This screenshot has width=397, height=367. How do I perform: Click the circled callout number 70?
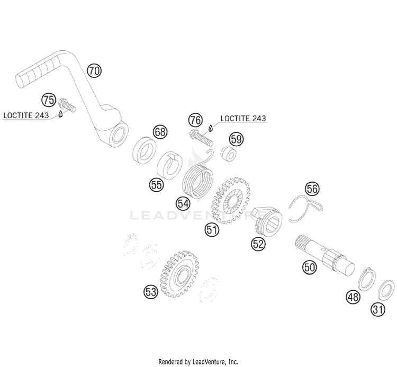(94, 70)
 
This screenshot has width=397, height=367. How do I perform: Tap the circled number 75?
(49, 100)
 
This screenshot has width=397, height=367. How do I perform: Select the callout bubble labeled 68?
(160, 132)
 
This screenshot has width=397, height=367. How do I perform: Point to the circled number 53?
(151, 291)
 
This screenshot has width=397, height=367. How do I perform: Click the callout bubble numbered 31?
(378, 309)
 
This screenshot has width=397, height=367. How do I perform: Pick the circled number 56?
(312, 189)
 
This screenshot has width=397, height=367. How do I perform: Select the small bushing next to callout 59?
(229, 153)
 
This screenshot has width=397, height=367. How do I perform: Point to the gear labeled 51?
(230, 200)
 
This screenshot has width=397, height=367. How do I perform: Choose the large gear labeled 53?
(179, 274)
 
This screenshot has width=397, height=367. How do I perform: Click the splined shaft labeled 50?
(325, 255)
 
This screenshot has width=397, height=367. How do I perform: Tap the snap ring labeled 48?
(367, 279)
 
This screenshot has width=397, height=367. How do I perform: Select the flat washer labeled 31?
(386, 290)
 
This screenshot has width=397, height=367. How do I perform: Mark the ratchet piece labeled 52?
(267, 221)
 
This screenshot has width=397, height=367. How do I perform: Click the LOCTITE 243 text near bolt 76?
(243, 118)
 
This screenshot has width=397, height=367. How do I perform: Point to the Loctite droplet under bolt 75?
(60, 114)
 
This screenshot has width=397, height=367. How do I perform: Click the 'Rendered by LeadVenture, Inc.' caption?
(198, 361)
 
